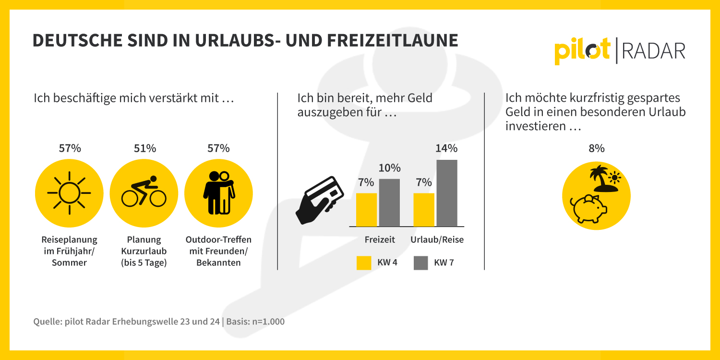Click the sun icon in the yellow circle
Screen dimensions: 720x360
click(69, 193)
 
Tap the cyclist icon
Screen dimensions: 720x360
click(144, 191)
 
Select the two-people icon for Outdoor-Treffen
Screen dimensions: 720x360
click(218, 192)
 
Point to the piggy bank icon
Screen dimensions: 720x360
click(588, 209)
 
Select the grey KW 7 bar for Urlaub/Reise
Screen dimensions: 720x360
click(447, 193)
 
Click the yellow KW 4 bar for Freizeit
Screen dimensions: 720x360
click(366, 210)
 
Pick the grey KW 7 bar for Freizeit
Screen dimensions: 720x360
click(389, 203)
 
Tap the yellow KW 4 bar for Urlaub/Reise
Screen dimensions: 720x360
click(424, 210)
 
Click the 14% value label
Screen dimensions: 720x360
click(446, 148)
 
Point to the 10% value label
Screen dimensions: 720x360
click(389, 168)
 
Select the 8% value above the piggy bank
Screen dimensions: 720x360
click(597, 148)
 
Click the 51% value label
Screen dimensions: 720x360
click(145, 148)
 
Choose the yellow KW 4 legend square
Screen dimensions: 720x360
click(364, 263)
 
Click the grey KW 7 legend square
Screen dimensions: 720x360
click(421, 263)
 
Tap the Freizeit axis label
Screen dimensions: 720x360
click(380, 240)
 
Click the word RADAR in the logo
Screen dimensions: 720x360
click(653, 51)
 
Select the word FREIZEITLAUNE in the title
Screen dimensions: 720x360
click(393, 40)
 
